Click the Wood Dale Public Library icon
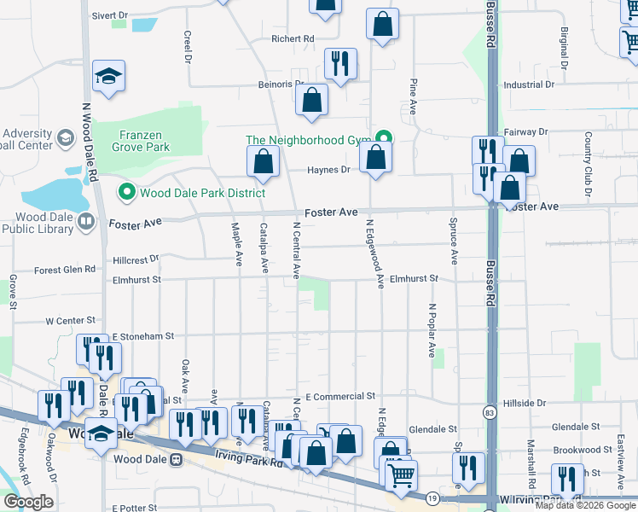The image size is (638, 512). tap(85, 223)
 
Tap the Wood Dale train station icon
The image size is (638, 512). tap(177, 459)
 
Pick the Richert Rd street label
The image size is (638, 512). tap(293, 39)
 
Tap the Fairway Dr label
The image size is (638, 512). tap(525, 132)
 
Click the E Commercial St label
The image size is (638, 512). tap(339, 397)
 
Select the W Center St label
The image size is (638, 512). tap(67, 321)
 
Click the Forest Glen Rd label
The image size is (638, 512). tap(65, 270)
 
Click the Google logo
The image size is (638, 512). tap(28, 502)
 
